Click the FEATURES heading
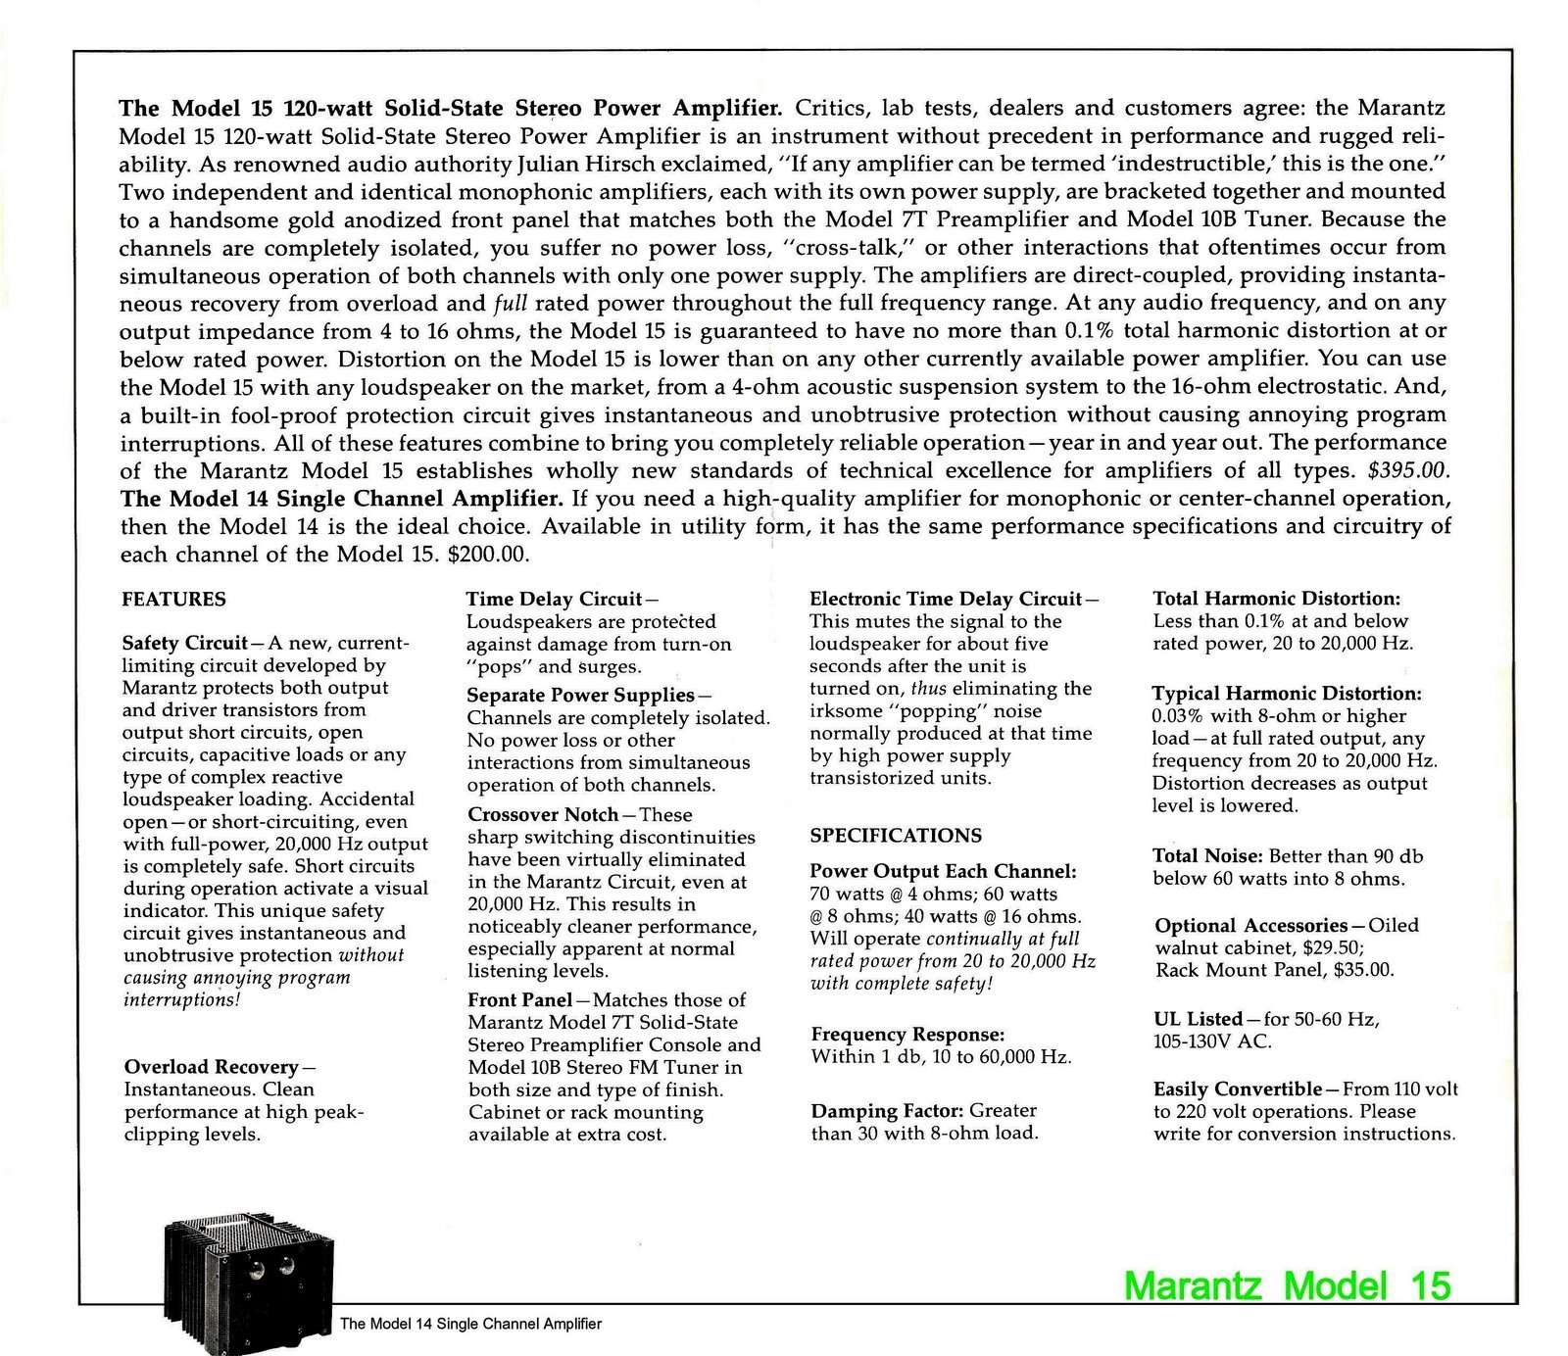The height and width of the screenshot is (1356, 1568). (x=173, y=599)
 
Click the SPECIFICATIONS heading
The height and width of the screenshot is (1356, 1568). (x=896, y=836)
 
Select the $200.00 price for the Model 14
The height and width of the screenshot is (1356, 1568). (x=488, y=555)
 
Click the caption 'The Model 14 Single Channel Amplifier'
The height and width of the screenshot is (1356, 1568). (x=470, y=1324)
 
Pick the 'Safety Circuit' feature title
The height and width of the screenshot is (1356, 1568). (x=184, y=644)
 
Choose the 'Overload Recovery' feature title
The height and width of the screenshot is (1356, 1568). (x=211, y=1067)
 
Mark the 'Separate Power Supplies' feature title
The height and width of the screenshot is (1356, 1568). (x=580, y=695)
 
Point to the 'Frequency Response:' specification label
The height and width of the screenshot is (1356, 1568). (x=908, y=1035)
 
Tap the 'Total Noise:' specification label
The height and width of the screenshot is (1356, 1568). (x=1206, y=856)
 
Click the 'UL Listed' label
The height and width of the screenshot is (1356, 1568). (x=1199, y=1019)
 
